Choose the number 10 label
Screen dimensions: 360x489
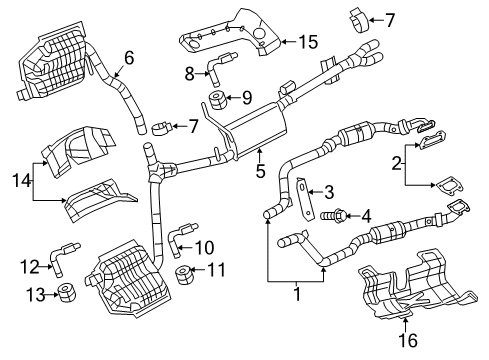[x=205, y=246]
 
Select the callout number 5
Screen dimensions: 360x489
[x=260, y=171]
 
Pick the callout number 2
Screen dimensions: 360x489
[x=398, y=162]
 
